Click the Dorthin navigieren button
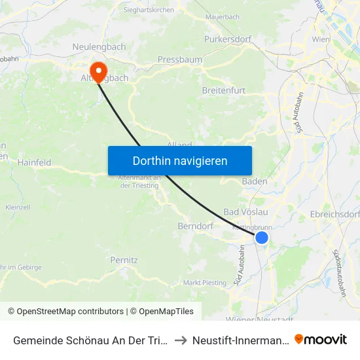pos(180,160)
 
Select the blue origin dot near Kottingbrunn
pos(261,237)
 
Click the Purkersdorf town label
pos(228,39)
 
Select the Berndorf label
pos(195,226)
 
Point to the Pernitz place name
pos(124,260)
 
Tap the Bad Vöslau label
pos(245,212)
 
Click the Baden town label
pos(254,181)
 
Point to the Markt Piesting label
pos(205,283)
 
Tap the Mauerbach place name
pos(223,16)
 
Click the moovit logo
pos(321,339)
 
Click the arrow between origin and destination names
pos(181,340)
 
